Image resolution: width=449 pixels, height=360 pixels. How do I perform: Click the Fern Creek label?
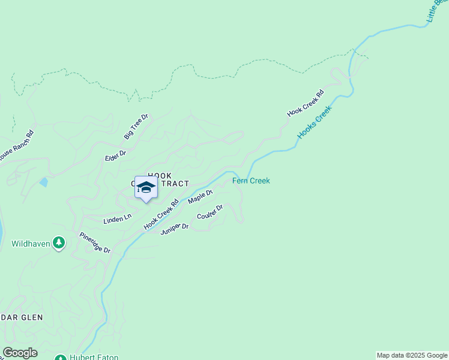tap(251, 181)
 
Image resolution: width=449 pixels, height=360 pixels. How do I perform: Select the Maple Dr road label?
tap(200, 197)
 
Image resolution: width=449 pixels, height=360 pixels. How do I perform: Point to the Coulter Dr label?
tap(210, 212)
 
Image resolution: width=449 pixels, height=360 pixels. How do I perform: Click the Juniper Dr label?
tap(175, 228)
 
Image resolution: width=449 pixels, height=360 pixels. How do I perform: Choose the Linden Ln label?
tap(117, 219)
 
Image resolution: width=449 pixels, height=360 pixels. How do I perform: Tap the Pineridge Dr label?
tap(95, 242)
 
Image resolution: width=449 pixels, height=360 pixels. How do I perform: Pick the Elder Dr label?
tap(115, 154)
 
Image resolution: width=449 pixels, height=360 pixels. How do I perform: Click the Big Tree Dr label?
tap(136, 127)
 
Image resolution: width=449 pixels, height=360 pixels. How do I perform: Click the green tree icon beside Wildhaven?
tap(58, 243)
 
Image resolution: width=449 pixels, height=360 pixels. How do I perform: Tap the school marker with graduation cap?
tap(146, 188)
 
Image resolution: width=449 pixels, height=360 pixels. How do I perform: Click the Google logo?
tap(20, 353)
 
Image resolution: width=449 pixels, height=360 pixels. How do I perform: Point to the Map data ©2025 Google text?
tap(412, 355)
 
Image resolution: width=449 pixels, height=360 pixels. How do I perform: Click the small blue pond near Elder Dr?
tap(43, 182)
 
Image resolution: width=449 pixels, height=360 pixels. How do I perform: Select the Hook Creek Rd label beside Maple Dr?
tap(161, 214)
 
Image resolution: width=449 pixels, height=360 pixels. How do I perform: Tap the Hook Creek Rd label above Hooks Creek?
tap(305, 103)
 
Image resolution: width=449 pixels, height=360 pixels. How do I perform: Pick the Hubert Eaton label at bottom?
tap(93, 358)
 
